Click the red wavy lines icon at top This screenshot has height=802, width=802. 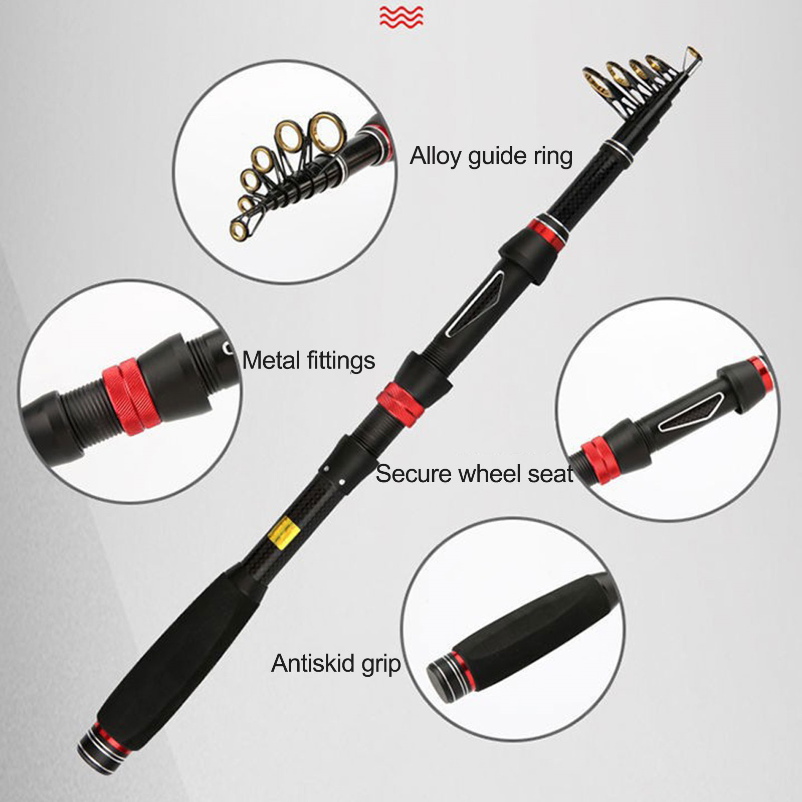click(x=401, y=17)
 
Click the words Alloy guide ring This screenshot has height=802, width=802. click(x=491, y=156)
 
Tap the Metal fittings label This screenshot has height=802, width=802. click(x=308, y=361)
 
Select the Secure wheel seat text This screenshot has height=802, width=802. click(x=474, y=474)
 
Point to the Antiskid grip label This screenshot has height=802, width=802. click(x=336, y=664)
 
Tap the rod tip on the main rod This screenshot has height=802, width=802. click(x=694, y=53)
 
